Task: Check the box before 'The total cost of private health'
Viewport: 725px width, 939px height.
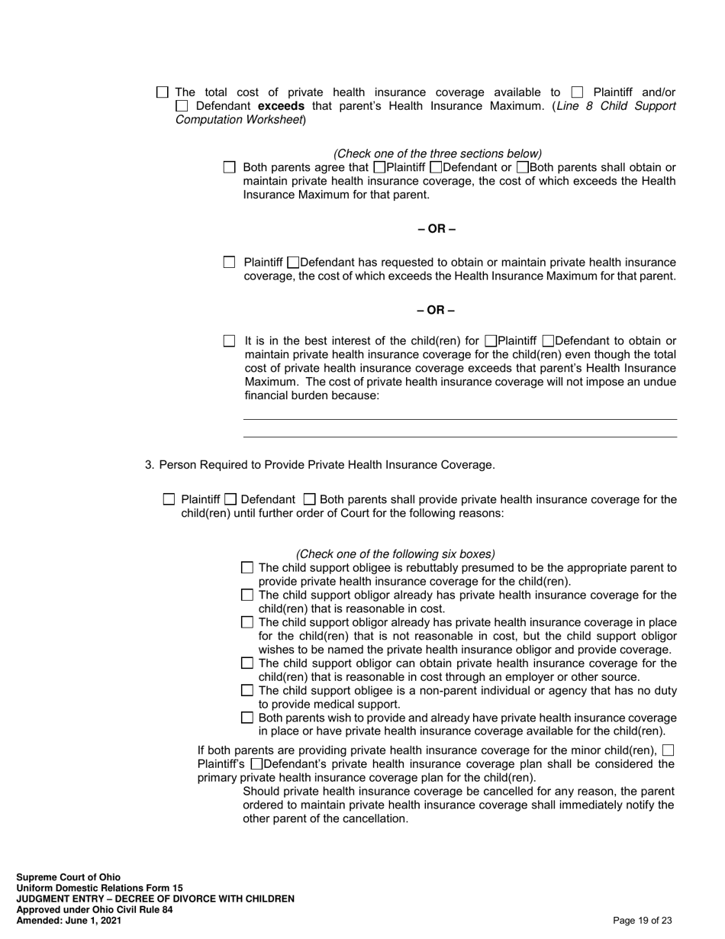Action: click(162, 92)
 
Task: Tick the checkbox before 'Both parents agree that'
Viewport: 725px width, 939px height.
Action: click(230, 167)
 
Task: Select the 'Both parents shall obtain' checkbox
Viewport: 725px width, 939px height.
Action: click(523, 167)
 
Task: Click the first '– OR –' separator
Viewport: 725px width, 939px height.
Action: click(437, 229)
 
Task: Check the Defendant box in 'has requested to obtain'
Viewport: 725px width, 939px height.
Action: click(294, 263)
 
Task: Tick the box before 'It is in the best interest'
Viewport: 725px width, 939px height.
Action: click(230, 341)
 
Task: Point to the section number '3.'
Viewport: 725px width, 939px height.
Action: click(150, 465)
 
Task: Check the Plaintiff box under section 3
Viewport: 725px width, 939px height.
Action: click(169, 499)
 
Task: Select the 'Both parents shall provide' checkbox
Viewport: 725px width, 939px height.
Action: click(309, 499)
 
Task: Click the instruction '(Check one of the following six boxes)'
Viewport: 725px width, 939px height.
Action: click(395, 554)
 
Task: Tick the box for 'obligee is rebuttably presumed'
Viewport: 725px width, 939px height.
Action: click(247, 568)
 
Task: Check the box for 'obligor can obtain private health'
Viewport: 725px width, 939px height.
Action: click(247, 663)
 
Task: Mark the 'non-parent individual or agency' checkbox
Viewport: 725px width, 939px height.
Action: click(247, 691)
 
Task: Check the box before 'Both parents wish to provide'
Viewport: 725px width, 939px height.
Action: click(247, 718)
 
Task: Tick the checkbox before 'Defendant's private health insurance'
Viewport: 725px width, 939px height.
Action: click(256, 764)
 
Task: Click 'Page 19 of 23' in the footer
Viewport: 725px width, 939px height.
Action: click(643, 921)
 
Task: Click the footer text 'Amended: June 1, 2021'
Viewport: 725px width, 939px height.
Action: click(69, 921)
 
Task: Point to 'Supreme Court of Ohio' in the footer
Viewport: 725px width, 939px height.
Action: click(69, 877)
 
